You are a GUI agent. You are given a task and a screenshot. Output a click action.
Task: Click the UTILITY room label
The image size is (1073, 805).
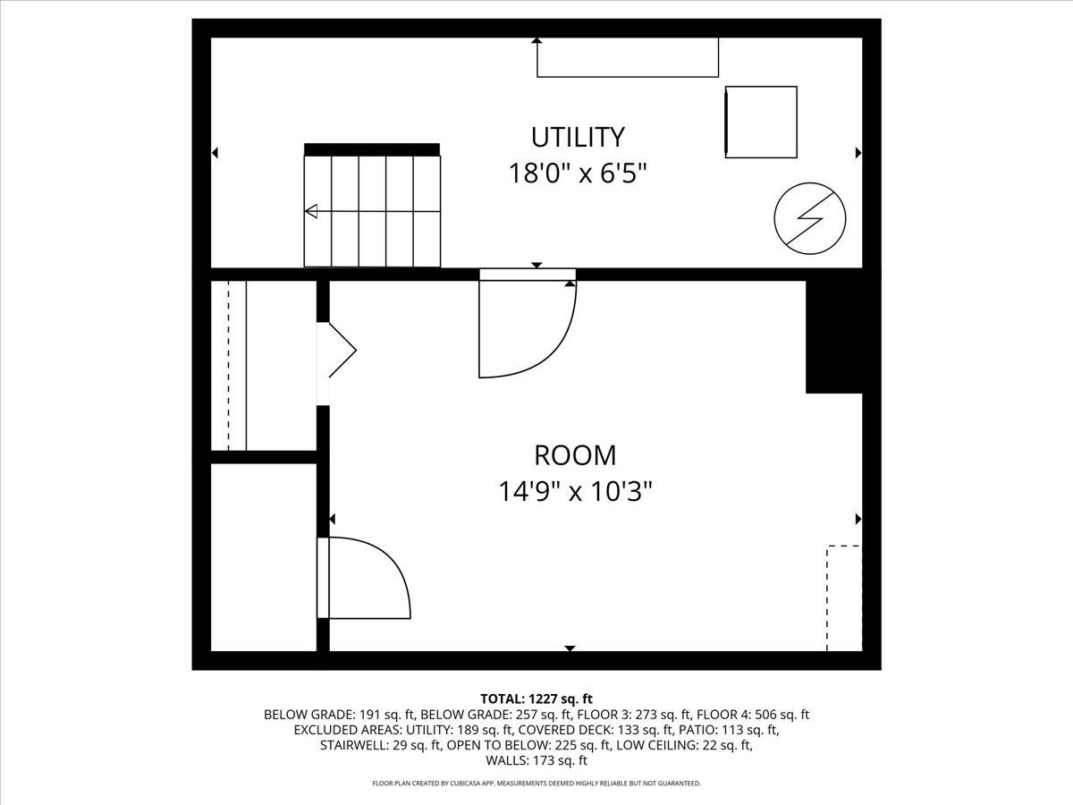point(578,137)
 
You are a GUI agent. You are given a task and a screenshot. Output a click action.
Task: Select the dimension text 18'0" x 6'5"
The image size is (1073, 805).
point(578,172)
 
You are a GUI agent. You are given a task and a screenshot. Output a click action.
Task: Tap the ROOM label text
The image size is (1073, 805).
point(575,455)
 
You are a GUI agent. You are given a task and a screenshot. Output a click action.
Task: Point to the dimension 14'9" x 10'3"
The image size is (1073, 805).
point(575,491)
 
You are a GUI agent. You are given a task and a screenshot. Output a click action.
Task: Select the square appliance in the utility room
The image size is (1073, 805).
point(761,123)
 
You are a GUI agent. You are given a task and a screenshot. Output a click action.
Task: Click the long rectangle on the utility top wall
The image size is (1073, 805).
point(627,58)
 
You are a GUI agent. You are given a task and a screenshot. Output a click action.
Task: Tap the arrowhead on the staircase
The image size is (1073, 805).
point(311,212)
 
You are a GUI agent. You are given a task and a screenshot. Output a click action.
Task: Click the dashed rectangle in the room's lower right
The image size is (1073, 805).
point(843,597)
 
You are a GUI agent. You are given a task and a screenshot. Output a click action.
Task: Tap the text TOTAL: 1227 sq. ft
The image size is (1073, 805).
point(536,699)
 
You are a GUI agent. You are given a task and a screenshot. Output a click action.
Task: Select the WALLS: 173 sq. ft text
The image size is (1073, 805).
point(536,761)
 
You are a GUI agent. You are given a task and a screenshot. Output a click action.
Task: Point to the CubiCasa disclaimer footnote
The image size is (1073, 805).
point(536,784)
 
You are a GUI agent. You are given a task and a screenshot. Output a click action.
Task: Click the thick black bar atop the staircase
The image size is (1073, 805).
point(372,149)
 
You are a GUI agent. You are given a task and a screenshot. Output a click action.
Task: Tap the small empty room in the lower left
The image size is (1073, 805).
point(264,556)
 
